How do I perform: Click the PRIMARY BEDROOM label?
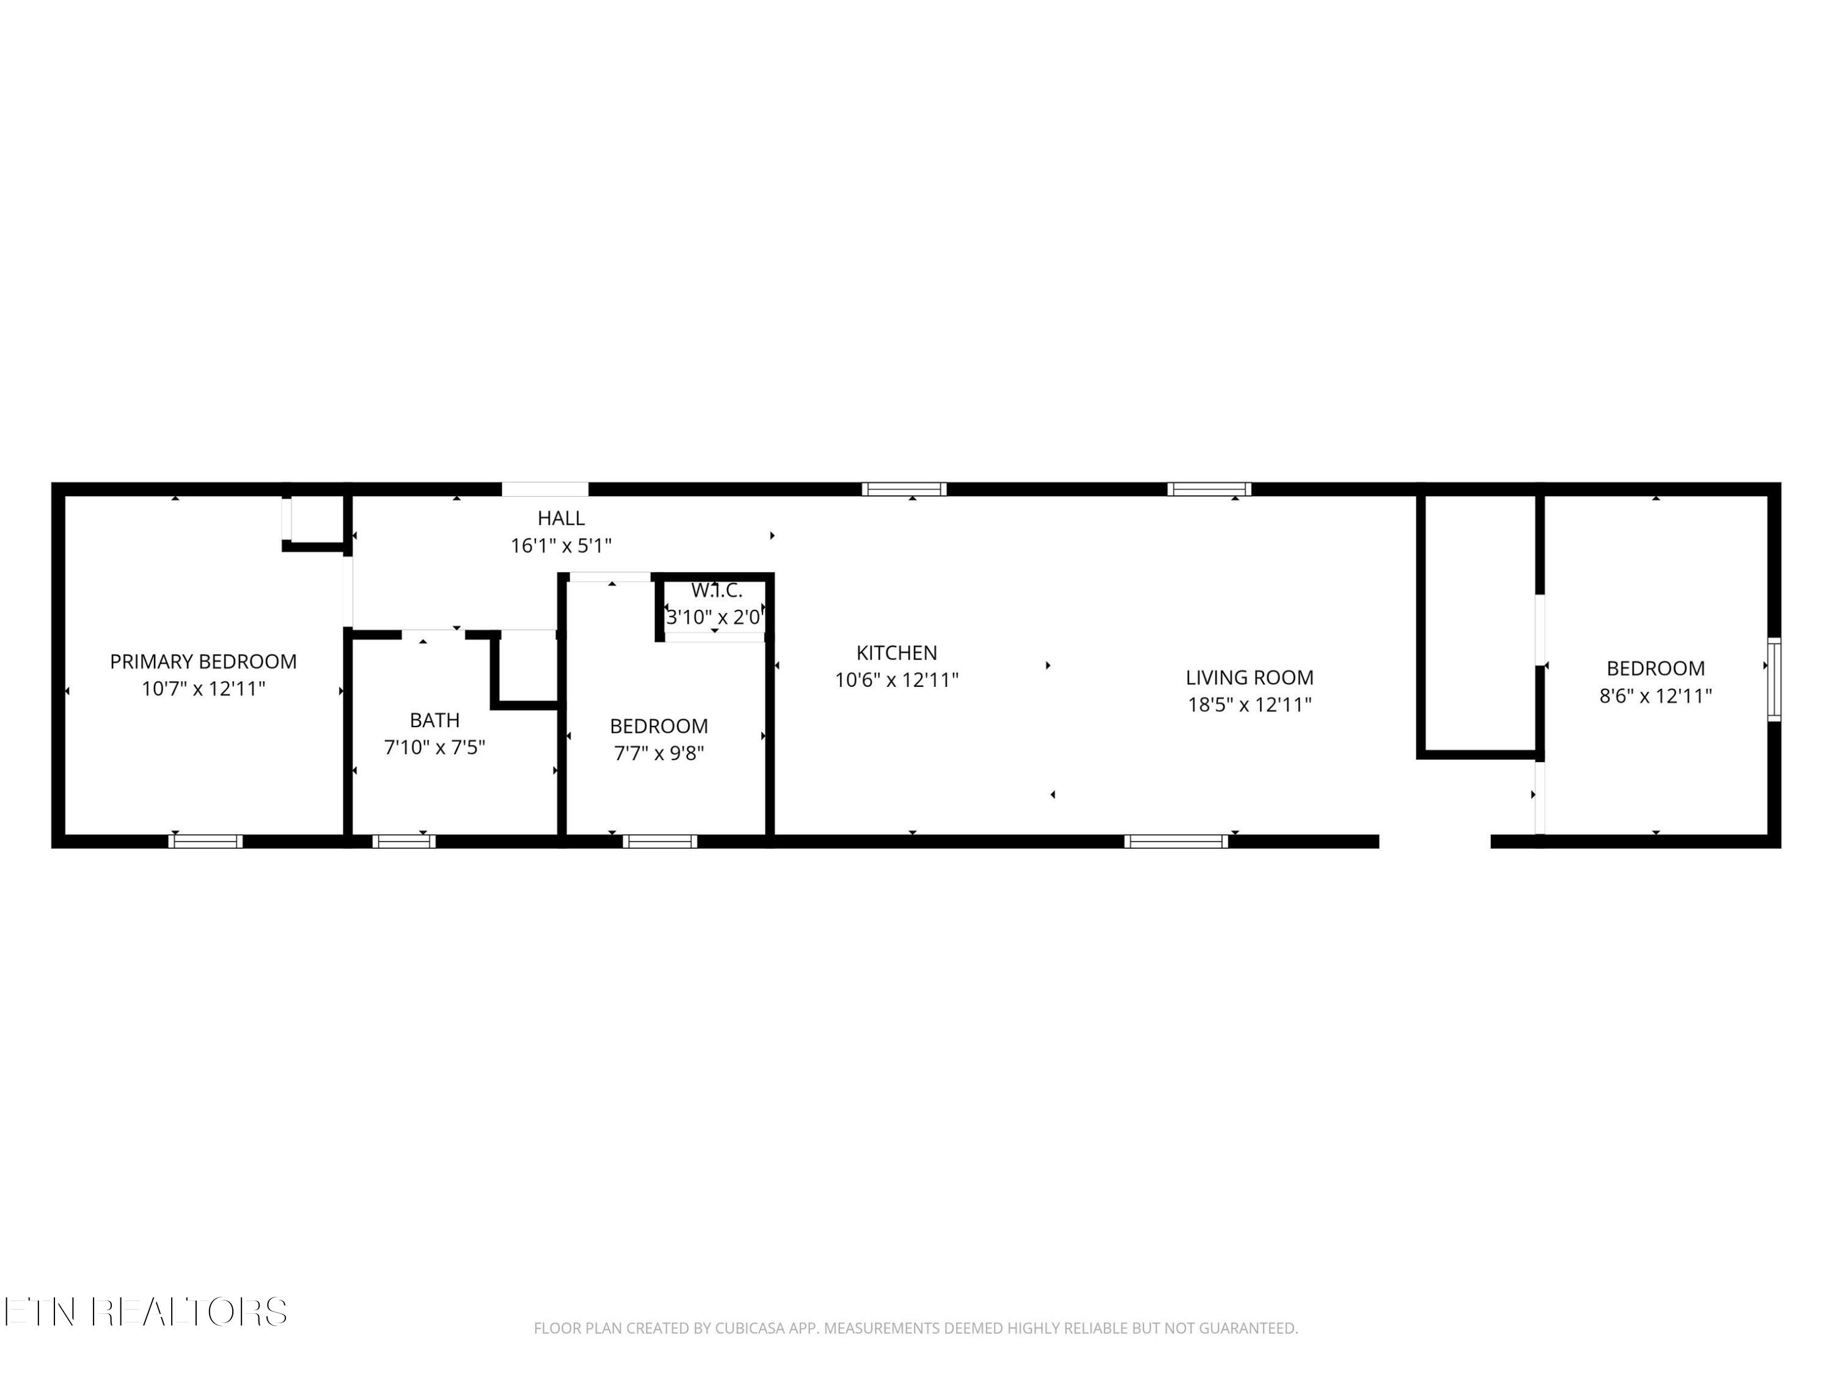pos(203,661)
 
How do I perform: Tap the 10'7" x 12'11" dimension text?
pos(203,689)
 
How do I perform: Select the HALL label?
pos(561,518)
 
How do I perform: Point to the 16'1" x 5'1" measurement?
pos(561,545)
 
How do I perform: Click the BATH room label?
pos(434,721)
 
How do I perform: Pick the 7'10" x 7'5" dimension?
pos(434,747)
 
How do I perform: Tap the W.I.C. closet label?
pos(717,591)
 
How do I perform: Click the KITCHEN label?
pos(896,653)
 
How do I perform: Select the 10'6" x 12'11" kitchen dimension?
pos(896,680)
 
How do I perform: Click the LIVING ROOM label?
pos(1249,678)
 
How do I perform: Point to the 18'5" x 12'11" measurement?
pos(1249,705)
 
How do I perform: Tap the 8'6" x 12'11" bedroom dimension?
pos(1656,696)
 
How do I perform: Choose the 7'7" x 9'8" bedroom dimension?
pos(659,754)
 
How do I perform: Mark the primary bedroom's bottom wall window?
pos(205,842)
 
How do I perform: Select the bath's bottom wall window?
pos(403,842)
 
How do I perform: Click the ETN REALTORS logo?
pos(146,1311)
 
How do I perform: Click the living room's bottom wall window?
pos(1176,842)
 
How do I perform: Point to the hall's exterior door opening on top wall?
pos(545,489)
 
